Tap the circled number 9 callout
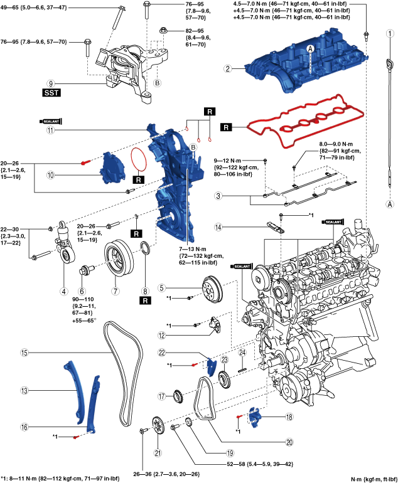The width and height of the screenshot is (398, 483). [51, 82]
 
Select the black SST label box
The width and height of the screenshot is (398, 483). [51, 92]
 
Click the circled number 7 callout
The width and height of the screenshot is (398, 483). [116, 291]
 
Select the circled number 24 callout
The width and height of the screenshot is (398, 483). [241, 353]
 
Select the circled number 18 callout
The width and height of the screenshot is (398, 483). [289, 417]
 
